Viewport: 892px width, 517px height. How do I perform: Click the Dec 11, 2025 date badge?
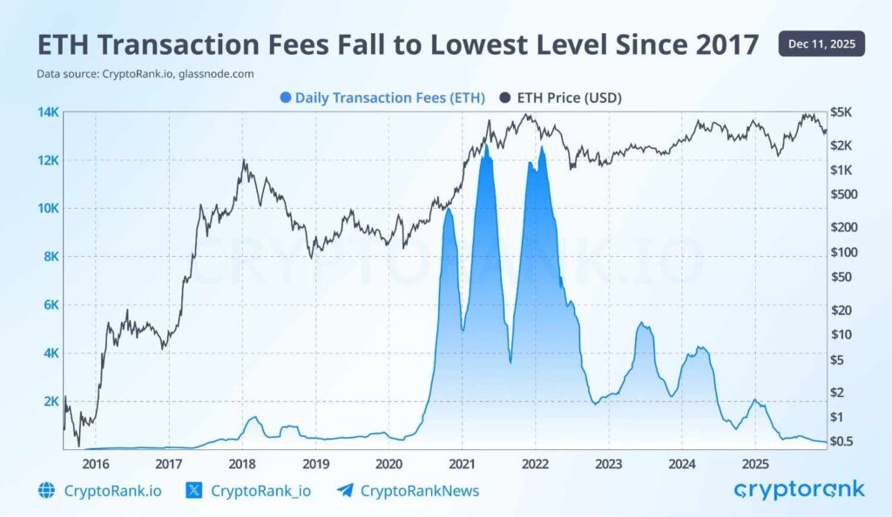(x=821, y=44)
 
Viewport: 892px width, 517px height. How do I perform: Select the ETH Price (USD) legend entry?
(x=561, y=97)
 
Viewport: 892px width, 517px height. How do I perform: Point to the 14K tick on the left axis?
(x=47, y=112)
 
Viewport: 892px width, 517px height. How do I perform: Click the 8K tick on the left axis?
(x=49, y=257)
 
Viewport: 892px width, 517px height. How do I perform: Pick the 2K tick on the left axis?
(x=49, y=401)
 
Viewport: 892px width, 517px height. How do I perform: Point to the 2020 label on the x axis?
(x=389, y=463)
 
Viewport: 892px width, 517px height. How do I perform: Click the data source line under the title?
(x=145, y=74)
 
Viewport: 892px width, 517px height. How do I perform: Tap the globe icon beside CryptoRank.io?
(x=47, y=491)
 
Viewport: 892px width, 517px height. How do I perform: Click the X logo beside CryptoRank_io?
(x=194, y=491)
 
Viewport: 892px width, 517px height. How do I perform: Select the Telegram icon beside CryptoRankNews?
(x=345, y=491)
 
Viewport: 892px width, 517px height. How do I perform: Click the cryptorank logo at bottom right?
(x=799, y=490)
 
